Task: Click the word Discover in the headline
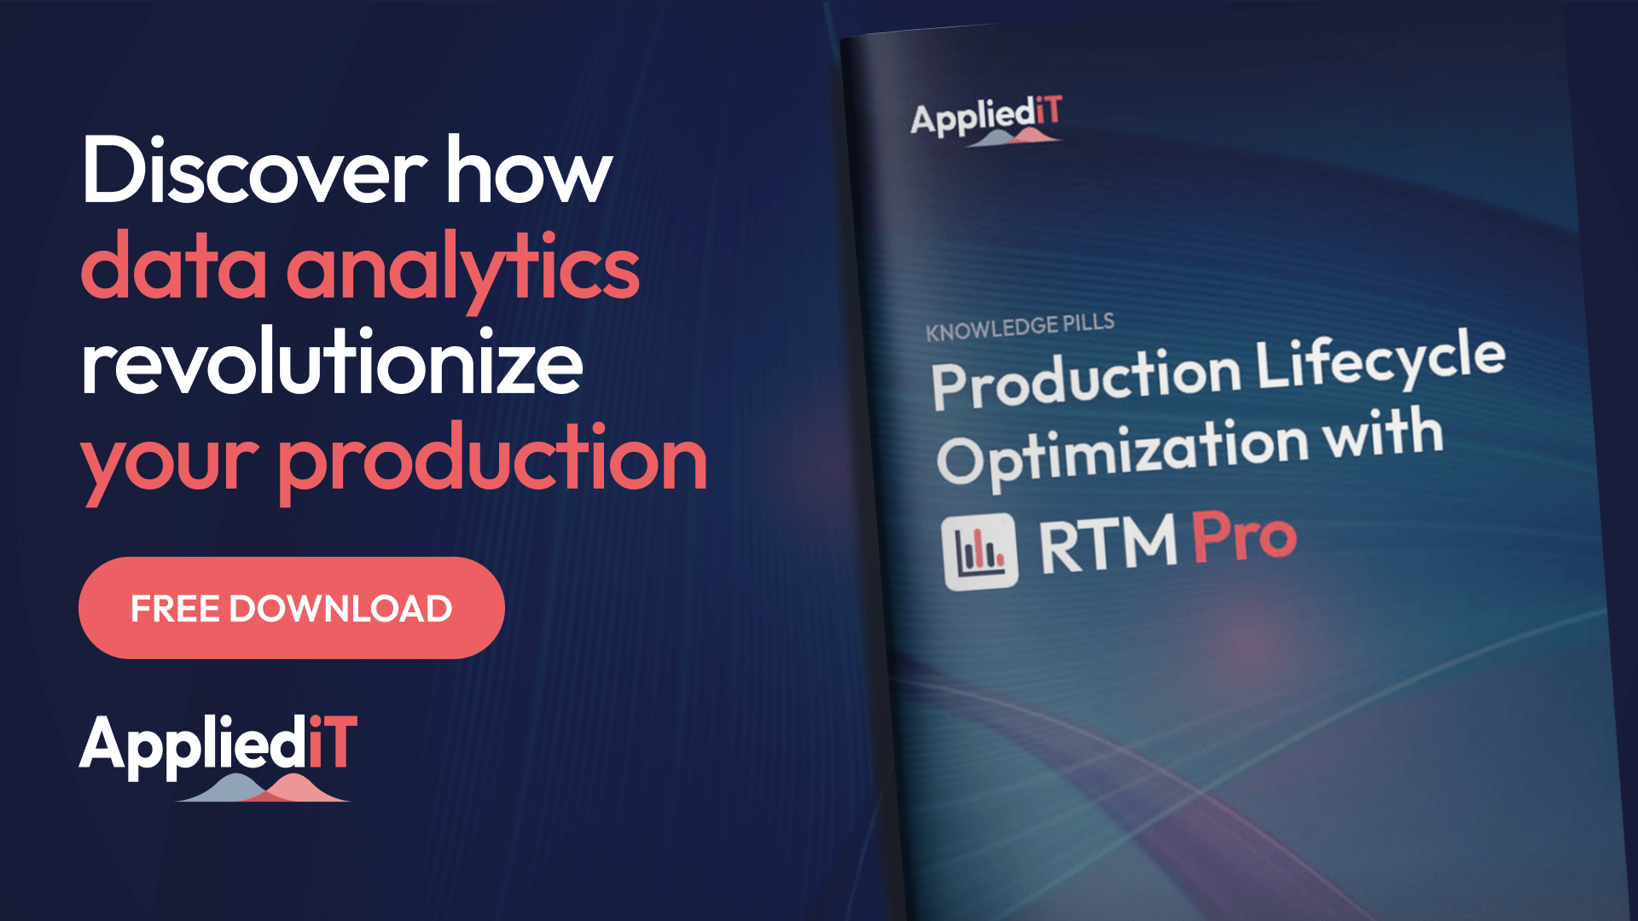pyautogui.click(x=253, y=171)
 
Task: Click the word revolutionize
pyautogui.click(x=333, y=363)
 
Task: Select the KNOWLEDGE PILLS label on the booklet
pyautogui.click(x=1019, y=327)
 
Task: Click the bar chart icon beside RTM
pyautogui.click(x=980, y=552)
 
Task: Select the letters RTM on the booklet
pyautogui.click(x=1107, y=544)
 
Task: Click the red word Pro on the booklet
pyautogui.click(x=1244, y=537)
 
